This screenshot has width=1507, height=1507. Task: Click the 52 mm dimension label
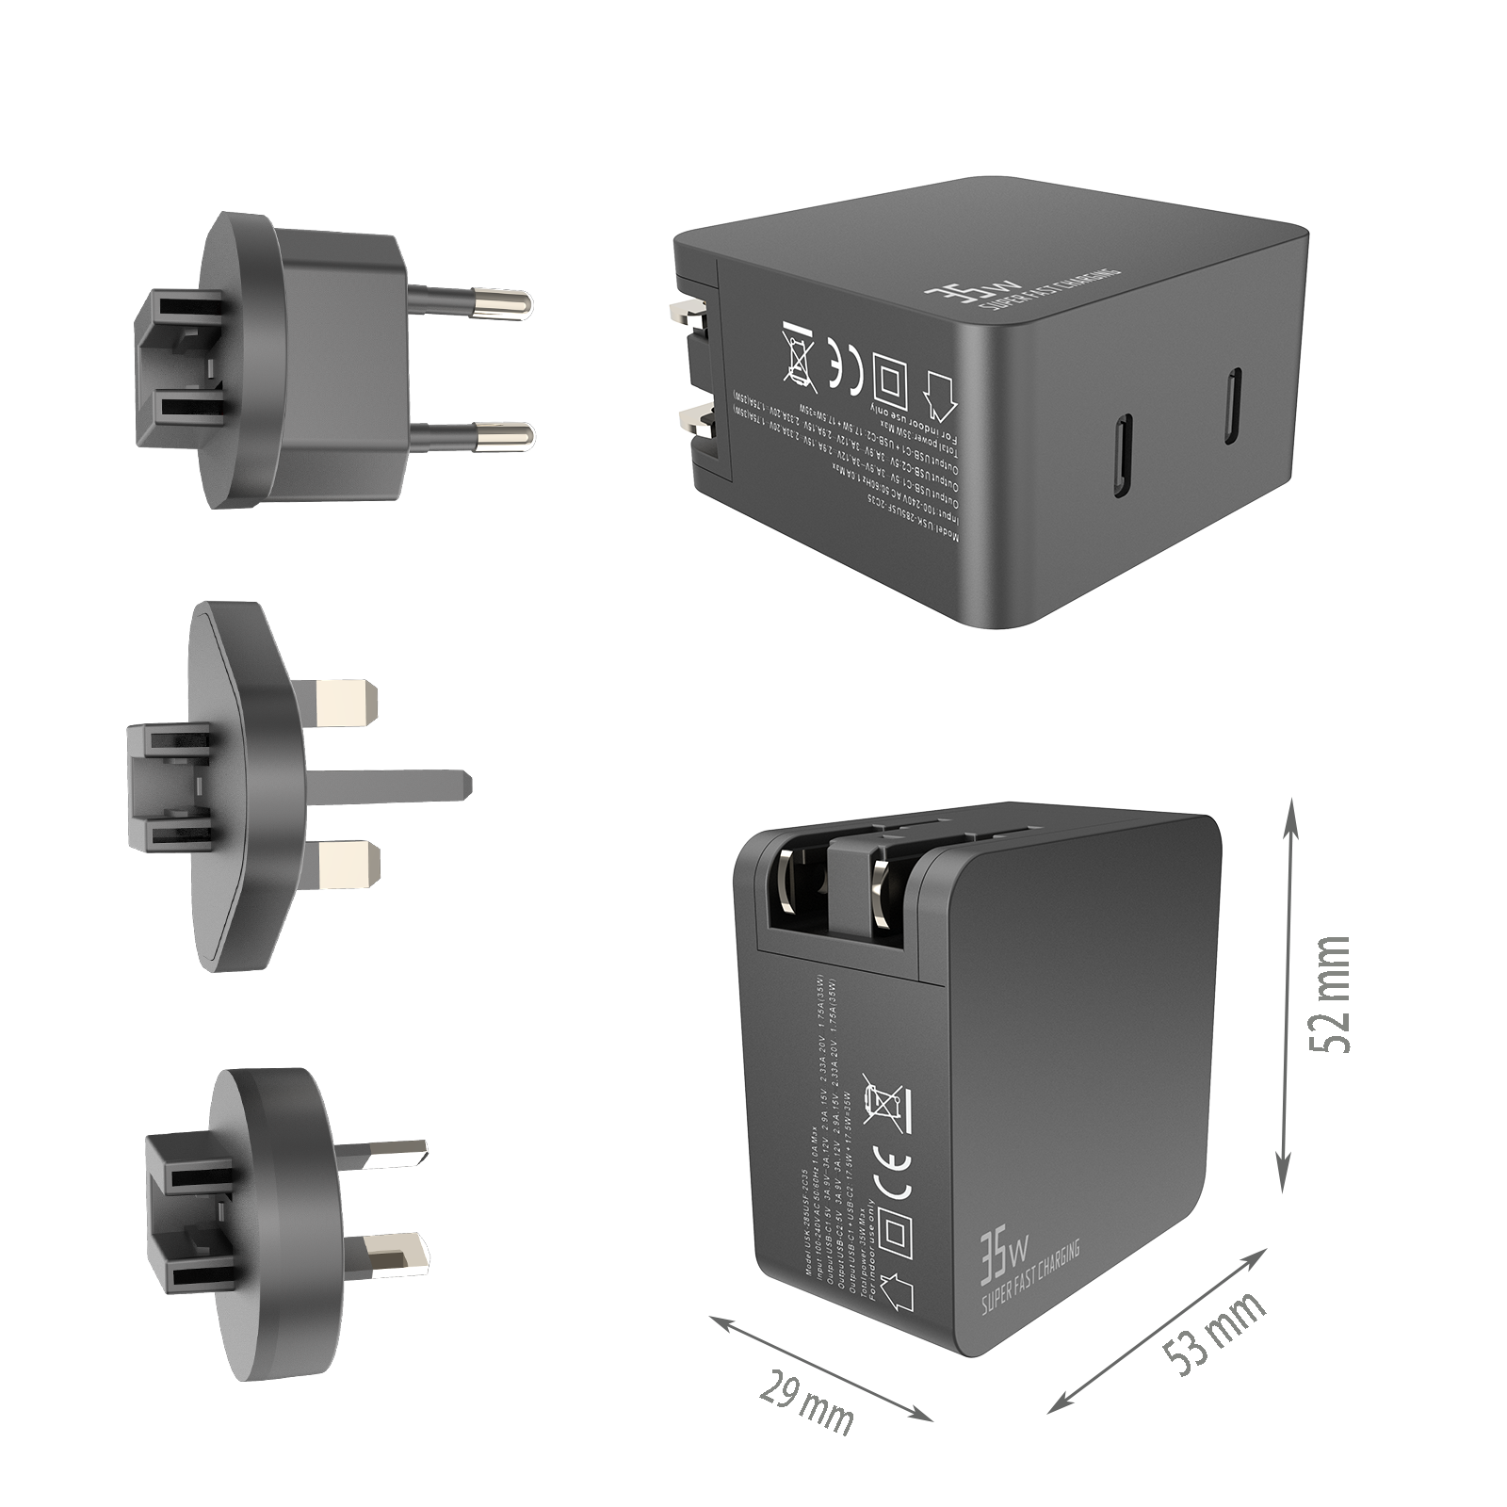[1329, 996]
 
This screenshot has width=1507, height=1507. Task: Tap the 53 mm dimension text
[1213, 1331]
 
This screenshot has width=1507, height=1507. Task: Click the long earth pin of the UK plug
[396, 786]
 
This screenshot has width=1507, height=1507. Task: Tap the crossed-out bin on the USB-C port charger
[798, 355]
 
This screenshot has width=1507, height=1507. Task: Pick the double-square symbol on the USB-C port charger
[887, 377]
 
